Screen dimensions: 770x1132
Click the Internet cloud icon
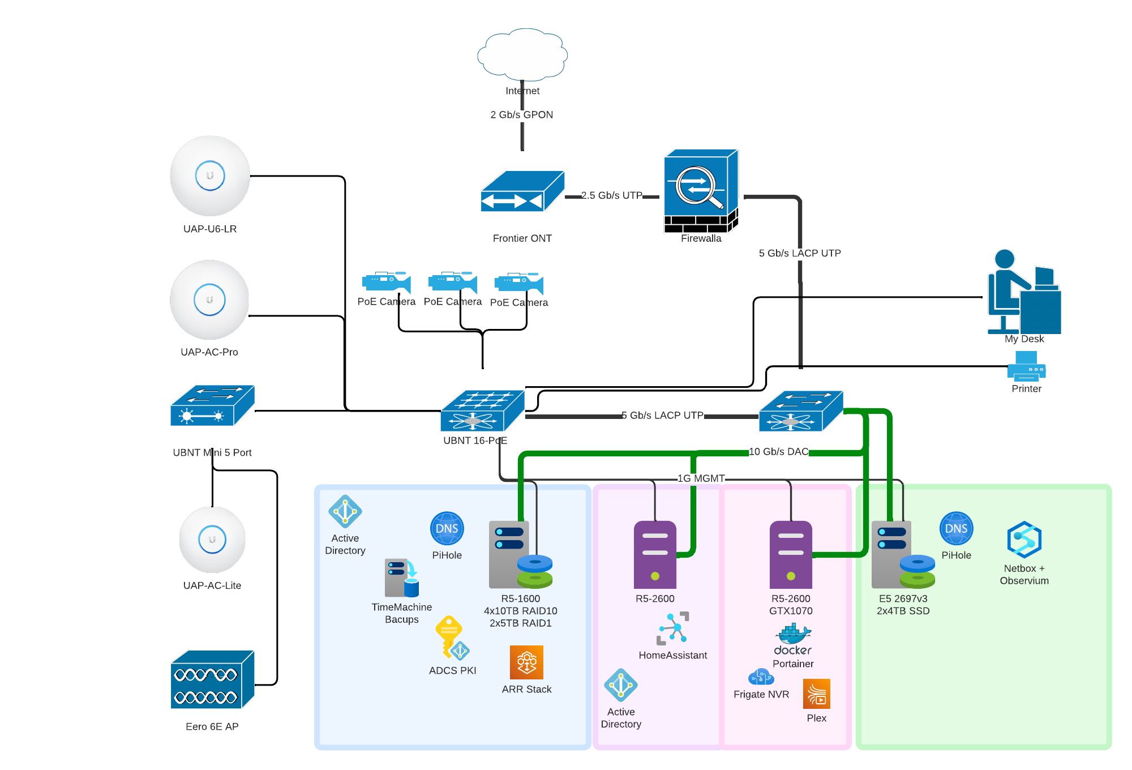coord(522,54)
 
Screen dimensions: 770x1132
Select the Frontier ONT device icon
coord(522,191)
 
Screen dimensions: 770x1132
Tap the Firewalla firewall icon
coord(701,191)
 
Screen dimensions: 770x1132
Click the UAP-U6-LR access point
coord(210,176)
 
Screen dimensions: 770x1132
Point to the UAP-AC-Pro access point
coord(209,300)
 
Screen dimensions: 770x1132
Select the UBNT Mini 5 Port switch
coord(212,405)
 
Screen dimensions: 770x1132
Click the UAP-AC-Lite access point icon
coord(212,540)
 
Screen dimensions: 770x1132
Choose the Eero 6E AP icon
coord(212,679)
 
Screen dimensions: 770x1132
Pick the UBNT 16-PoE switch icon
coord(482,410)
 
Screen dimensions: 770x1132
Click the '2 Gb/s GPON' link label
coord(522,115)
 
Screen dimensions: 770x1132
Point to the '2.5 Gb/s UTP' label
coord(612,195)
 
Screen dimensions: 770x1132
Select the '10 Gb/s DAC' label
coord(778,452)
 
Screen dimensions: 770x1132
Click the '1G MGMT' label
coord(701,478)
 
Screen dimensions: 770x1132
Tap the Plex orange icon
coord(816,694)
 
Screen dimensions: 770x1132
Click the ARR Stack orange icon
coord(526,662)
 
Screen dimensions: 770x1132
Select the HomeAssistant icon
coord(673,628)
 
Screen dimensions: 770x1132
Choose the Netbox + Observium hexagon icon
coord(1024,540)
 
